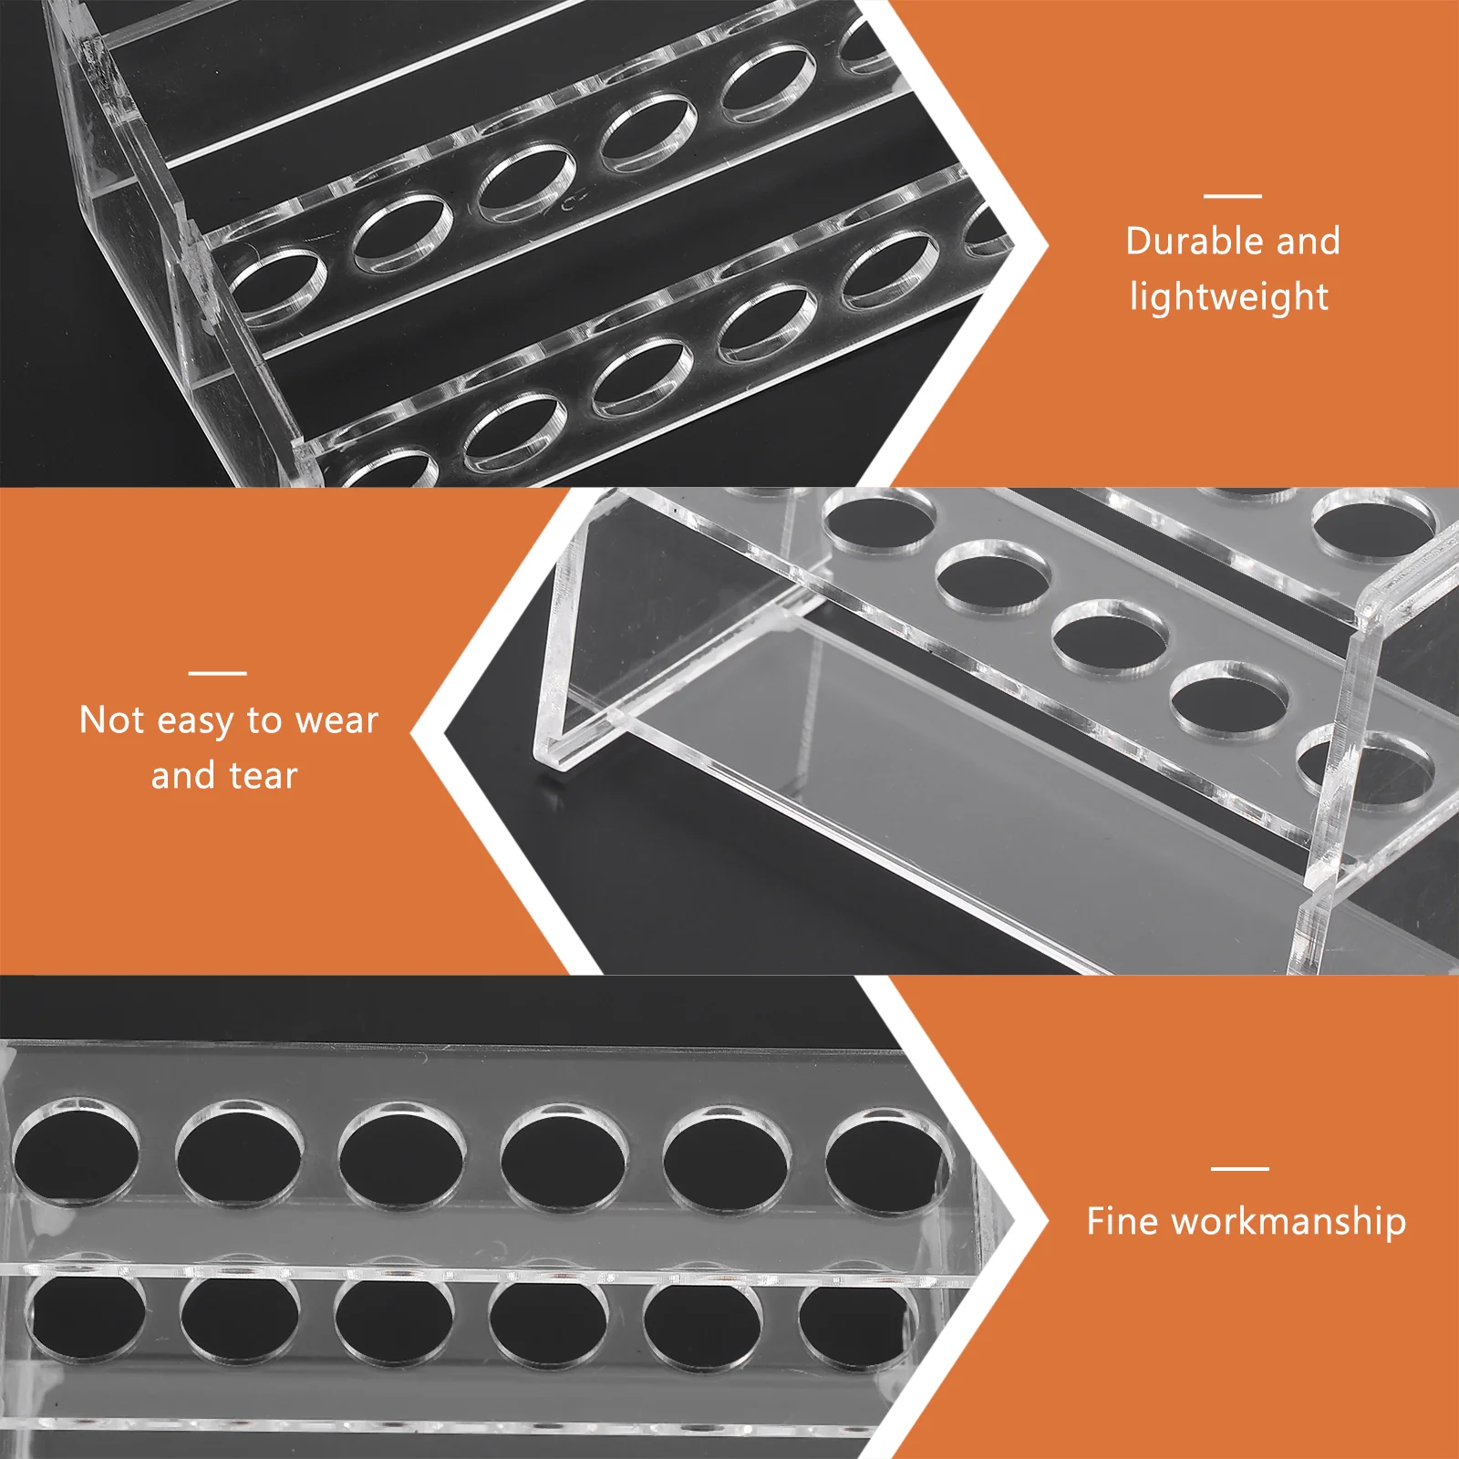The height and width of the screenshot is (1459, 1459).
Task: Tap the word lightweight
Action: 1228,298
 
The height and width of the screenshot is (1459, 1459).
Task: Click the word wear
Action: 336,720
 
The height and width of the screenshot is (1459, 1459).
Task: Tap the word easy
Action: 196,722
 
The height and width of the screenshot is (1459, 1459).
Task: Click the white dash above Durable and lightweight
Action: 1232,195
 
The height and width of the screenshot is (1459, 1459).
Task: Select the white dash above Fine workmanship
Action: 1239,1167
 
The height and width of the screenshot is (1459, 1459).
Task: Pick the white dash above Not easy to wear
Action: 217,673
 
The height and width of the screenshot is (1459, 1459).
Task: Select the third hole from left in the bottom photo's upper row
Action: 401,1158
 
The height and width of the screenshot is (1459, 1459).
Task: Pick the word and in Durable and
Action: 1308,242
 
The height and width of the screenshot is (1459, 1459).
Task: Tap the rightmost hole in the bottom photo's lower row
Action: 853,1327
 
